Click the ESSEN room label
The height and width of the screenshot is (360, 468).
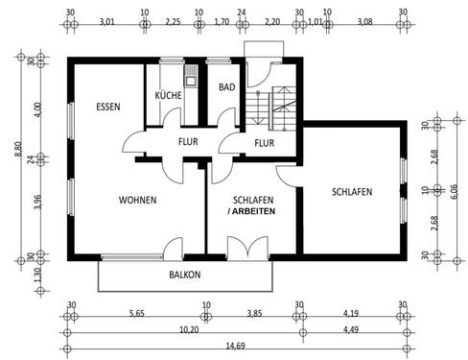click(x=107, y=107)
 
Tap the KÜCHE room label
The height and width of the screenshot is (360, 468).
click(x=170, y=96)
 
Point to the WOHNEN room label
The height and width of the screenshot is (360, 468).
click(x=137, y=200)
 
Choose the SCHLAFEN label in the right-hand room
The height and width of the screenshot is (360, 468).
click(x=352, y=191)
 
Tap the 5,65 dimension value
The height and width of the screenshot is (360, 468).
click(x=137, y=311)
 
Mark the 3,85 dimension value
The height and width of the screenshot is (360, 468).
click(x=252, y=311)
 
